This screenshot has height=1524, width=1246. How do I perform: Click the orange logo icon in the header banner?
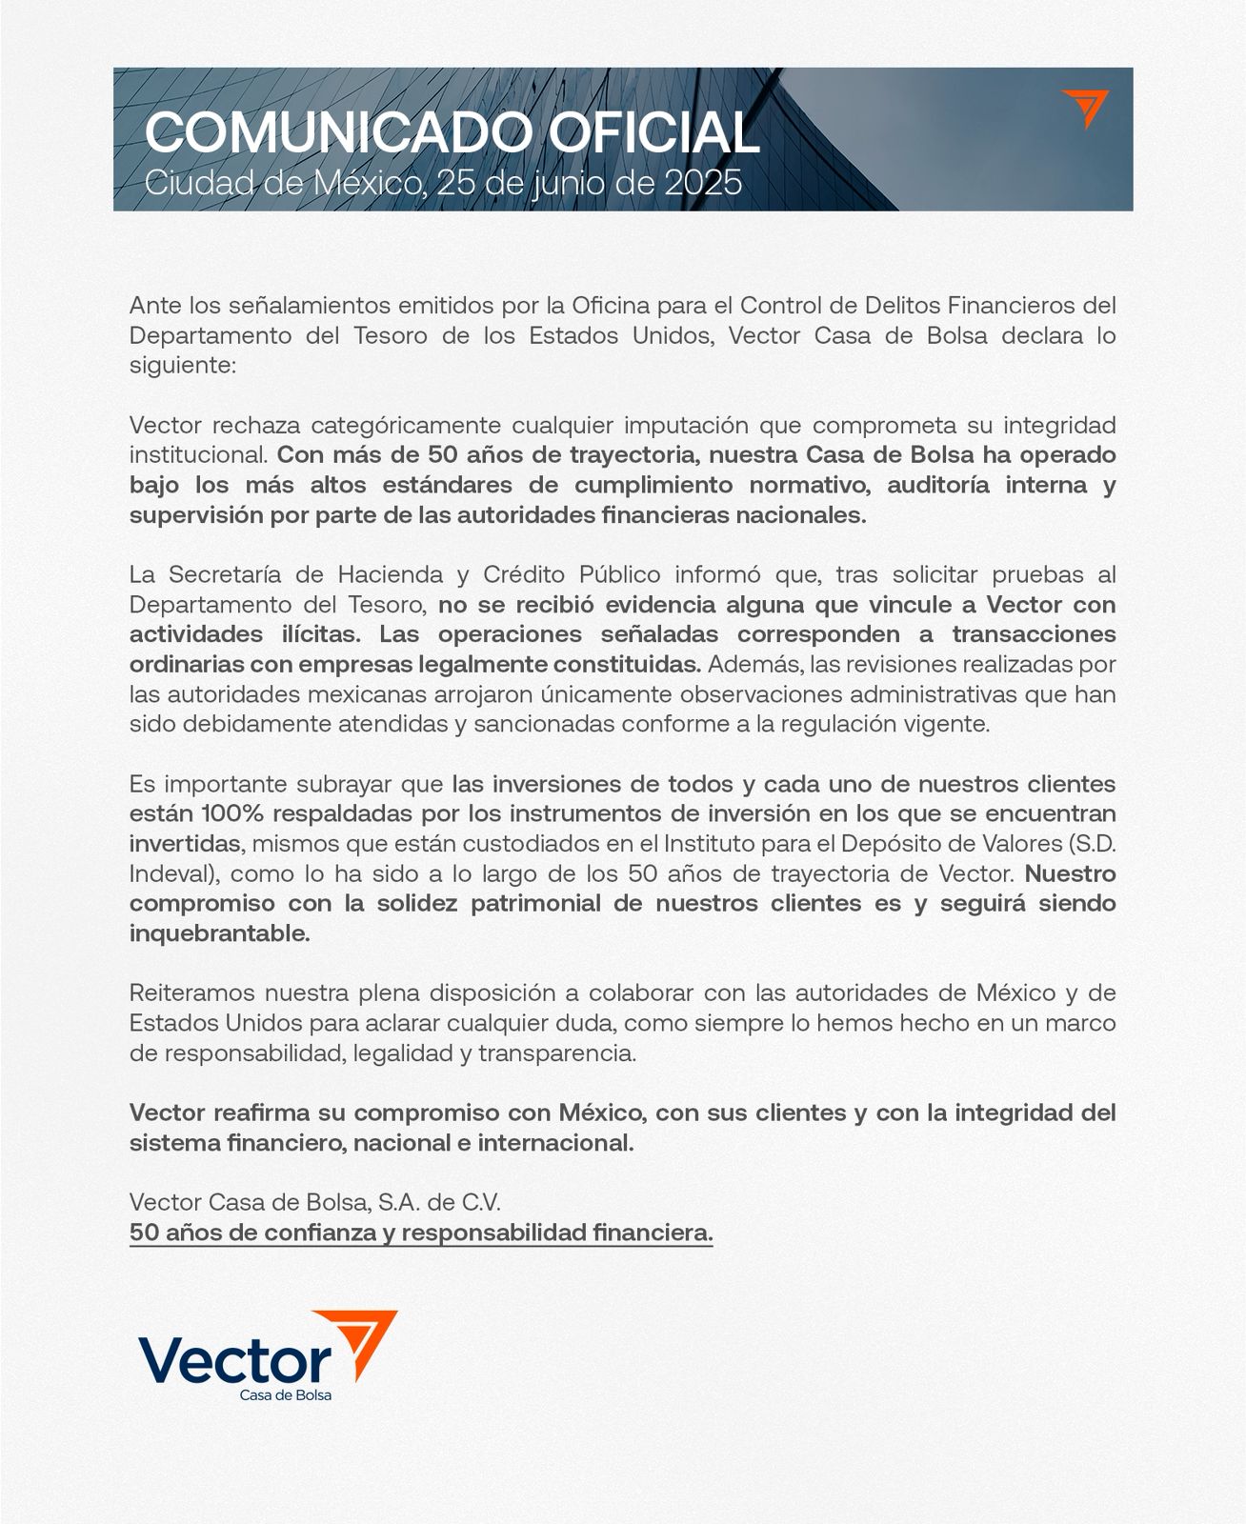click(1085, 109)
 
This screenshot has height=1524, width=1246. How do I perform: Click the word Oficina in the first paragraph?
click(611, 306)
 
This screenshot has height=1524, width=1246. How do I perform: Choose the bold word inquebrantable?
click(220, 933)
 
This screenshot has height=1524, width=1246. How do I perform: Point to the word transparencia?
click(556, 1053)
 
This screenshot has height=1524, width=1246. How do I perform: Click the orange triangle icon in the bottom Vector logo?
click(365, 1341)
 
